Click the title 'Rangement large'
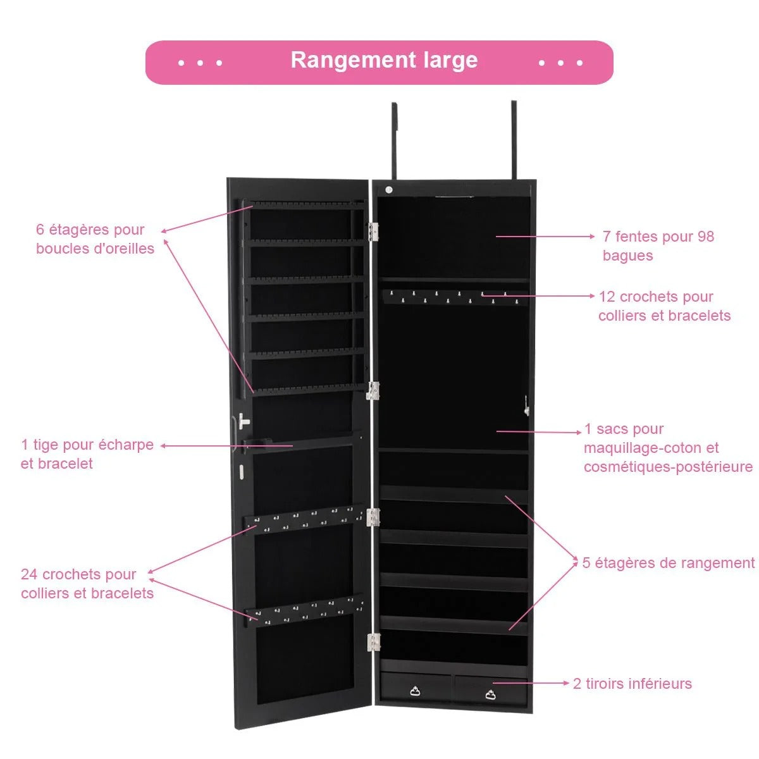[384, 61]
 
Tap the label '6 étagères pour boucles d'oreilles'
[95, 239]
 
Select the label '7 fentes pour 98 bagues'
[658, 245]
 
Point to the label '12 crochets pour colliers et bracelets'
[664, 306]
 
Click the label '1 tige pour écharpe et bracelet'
[87, 454]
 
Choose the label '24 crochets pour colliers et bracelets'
[87, 584]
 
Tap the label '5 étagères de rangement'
[668, 563]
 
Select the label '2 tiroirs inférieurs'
[632, 684]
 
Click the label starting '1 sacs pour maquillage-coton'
[667, 448]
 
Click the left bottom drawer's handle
[415, 691]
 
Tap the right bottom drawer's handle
[491, 694]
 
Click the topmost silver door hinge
[373, 231]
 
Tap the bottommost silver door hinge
[374, 642]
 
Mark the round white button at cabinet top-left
[389, 190]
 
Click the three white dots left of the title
[200, 63]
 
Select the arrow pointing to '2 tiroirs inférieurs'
[531, 683]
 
